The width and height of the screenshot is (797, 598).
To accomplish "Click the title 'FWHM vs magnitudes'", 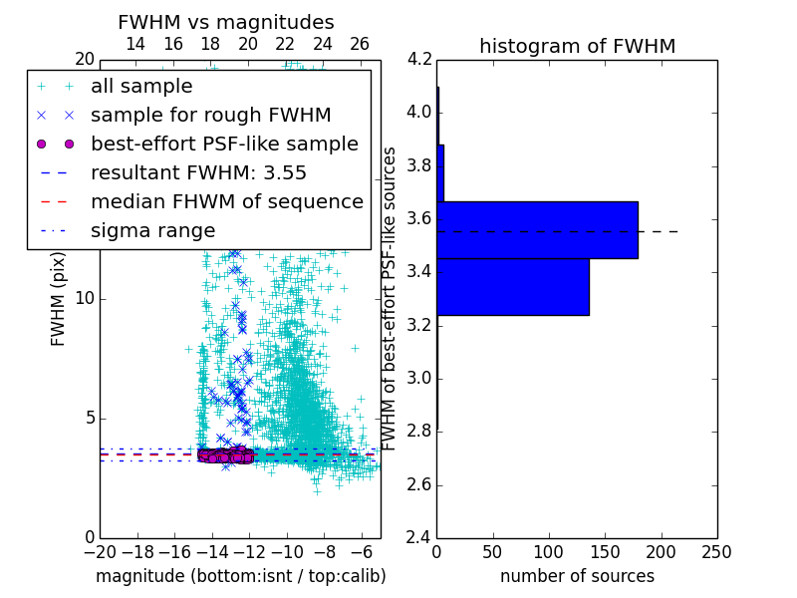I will click(x=226, y=22).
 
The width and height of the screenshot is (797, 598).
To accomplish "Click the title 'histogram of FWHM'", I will click(x=577, y=46).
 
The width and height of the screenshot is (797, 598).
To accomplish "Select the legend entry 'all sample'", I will click(x=141, y=87).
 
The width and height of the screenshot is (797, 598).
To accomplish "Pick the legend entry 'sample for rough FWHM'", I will click(x=210, y=115).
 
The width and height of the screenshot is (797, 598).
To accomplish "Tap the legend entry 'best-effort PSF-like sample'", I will click(x=224, y=144).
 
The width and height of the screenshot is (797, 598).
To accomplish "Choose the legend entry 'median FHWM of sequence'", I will click(x=226, y=201).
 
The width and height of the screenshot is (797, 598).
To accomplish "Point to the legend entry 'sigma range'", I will click(x=152, y=230).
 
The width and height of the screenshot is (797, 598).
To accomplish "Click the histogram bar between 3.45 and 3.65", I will click(x=537, y=230).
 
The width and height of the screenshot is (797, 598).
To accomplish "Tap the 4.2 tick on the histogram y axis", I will click(x=419, y=59).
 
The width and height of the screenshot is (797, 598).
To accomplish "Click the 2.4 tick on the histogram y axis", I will click(x=419, y=538).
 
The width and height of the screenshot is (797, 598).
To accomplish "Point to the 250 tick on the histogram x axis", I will click(x=716, y=552).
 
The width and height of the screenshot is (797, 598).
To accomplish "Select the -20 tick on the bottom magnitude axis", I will click(x=99, y=552).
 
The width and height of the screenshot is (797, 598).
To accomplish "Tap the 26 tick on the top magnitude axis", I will click(x=360, y=44).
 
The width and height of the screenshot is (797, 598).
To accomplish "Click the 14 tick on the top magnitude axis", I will click(x=135, y=44).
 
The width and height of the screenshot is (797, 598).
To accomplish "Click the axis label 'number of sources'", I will click(x=577, y=576).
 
